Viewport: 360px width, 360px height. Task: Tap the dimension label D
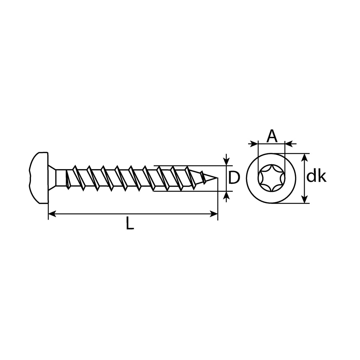coord(234,178)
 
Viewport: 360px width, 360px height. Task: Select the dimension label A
coord(272,136)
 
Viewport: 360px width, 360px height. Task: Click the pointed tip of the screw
coord(217,178)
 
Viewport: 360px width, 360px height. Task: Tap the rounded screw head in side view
coord(39,178)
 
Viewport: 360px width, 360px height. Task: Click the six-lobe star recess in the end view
coord(271,178)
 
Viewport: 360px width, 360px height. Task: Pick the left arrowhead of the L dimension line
coord(52,214)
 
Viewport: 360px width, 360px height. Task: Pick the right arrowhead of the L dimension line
coord(213,214)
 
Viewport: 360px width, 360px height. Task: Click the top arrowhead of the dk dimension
coord(304,157)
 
